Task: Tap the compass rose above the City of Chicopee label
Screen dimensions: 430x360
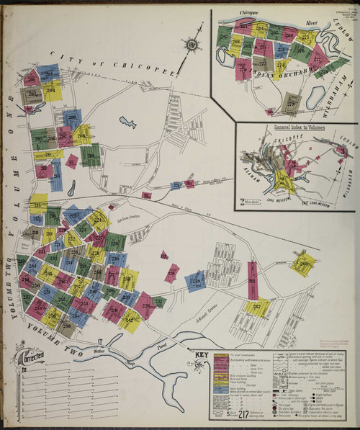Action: pos(192,45)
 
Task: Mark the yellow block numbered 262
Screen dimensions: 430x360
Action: pos(256,307)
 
